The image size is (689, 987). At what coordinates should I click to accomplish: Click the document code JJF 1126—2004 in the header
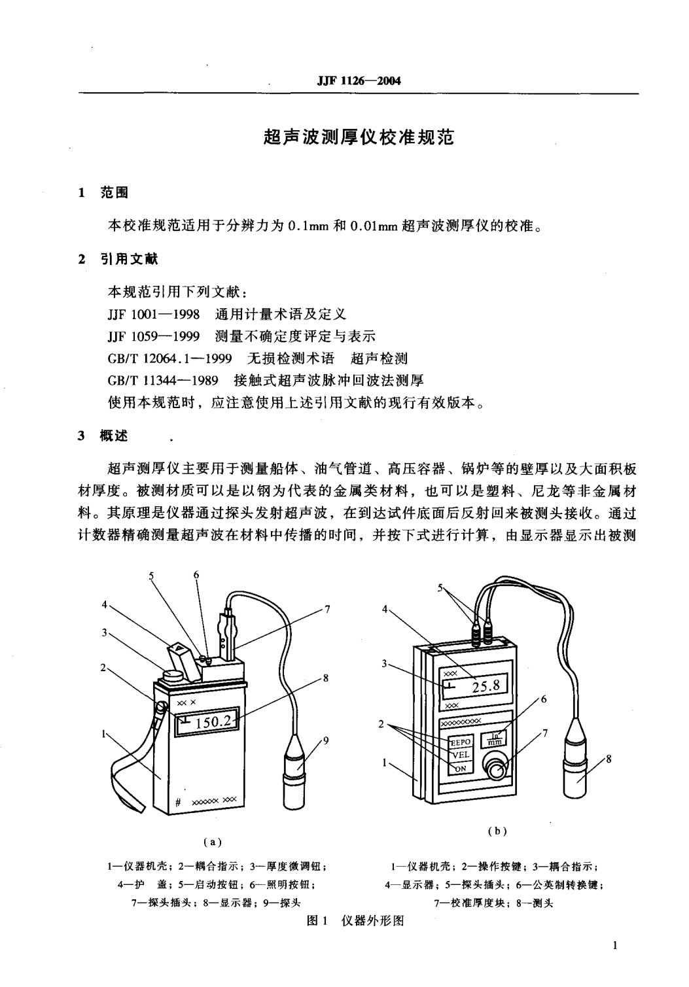[359, 81]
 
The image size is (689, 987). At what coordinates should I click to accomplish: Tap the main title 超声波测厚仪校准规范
[359, 137]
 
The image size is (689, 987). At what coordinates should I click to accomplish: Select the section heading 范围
[114, 192]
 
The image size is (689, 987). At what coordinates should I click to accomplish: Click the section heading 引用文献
[129, 259]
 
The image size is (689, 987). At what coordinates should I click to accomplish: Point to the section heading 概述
[114, 436]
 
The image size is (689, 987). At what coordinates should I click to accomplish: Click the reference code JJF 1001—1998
[153, 314]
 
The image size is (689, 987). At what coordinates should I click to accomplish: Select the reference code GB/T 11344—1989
[163, 380]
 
